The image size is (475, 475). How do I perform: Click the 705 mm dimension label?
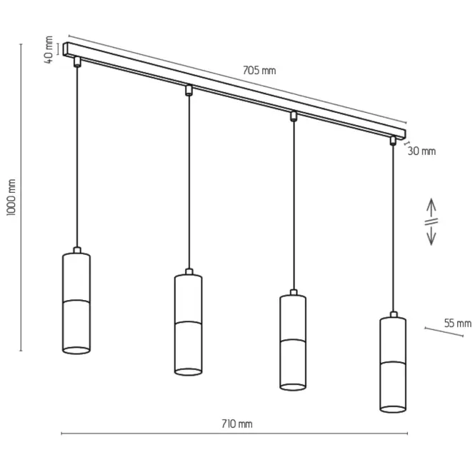pyautogui.click(x=259, y=70)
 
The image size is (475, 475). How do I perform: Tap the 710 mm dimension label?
pyautogui.click(x=237, y=424)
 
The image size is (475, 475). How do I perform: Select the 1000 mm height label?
pyautogui.click(x=11, y=197)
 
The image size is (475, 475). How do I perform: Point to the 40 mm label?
pyautogui.click(x=49, y=50)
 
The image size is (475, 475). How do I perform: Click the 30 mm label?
pyautogui.click(x=421, y=151)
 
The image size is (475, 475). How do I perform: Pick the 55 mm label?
pyautogui.click(x=458, y=324)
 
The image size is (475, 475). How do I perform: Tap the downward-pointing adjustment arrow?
pyautogui.click(x=431, y=235)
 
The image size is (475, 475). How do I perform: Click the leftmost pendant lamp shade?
pyautogui.click(x=76, y=304)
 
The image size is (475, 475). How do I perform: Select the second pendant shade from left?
pyautogui.click(x=189, y=325)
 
